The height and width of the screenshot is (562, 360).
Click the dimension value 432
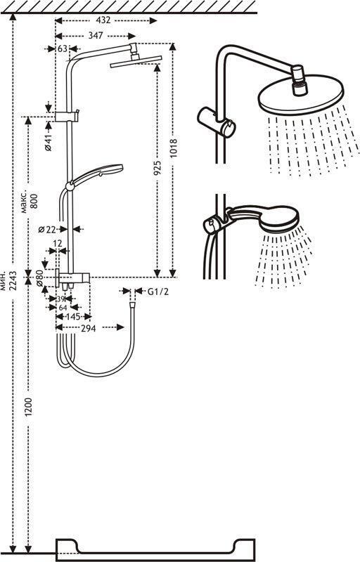103,20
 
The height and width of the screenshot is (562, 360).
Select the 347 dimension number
96,36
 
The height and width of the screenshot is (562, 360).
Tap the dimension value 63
63,48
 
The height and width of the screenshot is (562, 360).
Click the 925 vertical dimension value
157,169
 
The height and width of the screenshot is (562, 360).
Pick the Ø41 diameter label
49,142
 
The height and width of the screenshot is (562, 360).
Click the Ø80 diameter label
39,277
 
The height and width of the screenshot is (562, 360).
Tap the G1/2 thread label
157,292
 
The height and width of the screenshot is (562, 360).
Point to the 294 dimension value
88,328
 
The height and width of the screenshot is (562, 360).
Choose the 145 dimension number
73,318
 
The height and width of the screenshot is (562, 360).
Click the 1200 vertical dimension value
29,407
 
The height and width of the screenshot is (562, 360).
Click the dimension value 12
58,244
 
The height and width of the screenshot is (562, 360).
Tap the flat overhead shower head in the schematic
136,60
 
